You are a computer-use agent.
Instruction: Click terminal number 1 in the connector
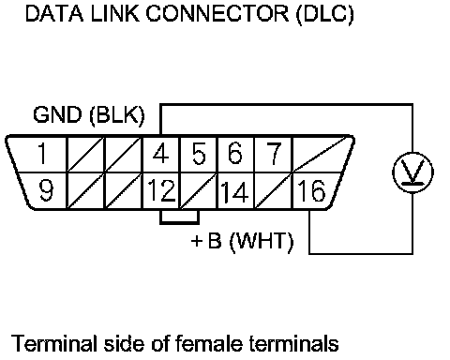click(41, 153)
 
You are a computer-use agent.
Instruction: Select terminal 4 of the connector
click(160, 153)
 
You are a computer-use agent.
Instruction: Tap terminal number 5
click(199, 153)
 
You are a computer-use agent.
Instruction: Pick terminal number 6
click(235, 153)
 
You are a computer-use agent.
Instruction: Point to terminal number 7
click(274, 153)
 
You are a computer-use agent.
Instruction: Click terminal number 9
click(46, 190)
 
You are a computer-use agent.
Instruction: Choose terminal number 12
click(161, 190)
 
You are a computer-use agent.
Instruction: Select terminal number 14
click(235, 191)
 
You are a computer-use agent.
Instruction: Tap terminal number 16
click(311, 190)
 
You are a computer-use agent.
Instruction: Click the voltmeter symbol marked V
click(412, 172)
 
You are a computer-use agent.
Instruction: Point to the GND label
click(57, 114)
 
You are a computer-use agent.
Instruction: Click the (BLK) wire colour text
click(117, 115)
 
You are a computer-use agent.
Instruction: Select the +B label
click(206, 241)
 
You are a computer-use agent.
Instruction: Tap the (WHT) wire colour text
click(262, 242)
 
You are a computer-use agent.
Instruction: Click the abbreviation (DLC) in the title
click(325, 14)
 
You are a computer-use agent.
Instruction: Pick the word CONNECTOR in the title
click(217, 13)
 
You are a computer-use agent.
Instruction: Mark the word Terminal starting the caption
click(53, 343)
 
